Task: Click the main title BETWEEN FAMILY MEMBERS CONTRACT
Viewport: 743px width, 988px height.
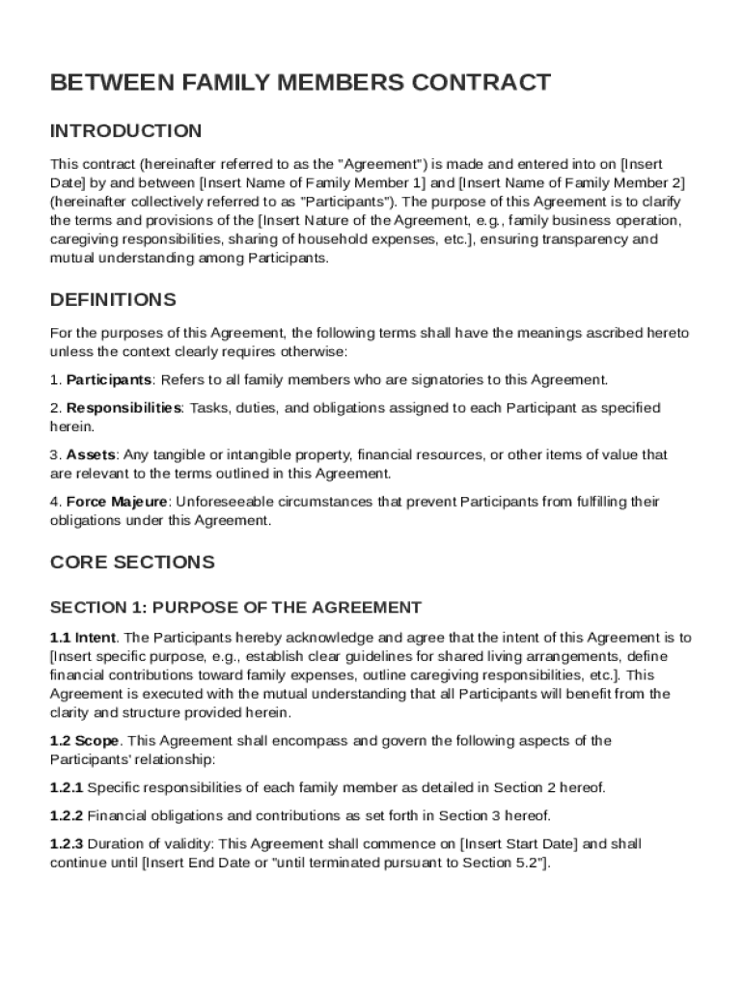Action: [300, 83]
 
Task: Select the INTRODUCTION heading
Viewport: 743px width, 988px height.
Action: [125, 131]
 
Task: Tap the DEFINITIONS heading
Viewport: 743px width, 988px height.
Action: [113, 300]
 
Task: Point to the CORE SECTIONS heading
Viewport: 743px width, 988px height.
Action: [132, 563]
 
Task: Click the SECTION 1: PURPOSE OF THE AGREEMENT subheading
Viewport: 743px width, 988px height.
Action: [235, 608]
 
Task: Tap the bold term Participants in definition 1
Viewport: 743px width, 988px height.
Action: [109, 380]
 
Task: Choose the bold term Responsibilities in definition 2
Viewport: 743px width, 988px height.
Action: [124, 408]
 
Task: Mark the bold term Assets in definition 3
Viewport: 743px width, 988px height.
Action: [91, 454]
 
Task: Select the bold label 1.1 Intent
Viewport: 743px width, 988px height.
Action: [83, 638]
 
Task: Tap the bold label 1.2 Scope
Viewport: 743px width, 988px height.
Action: [85, 741]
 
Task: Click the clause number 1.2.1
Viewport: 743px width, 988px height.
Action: [67, 788]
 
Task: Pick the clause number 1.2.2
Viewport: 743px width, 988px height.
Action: [67, 816]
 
